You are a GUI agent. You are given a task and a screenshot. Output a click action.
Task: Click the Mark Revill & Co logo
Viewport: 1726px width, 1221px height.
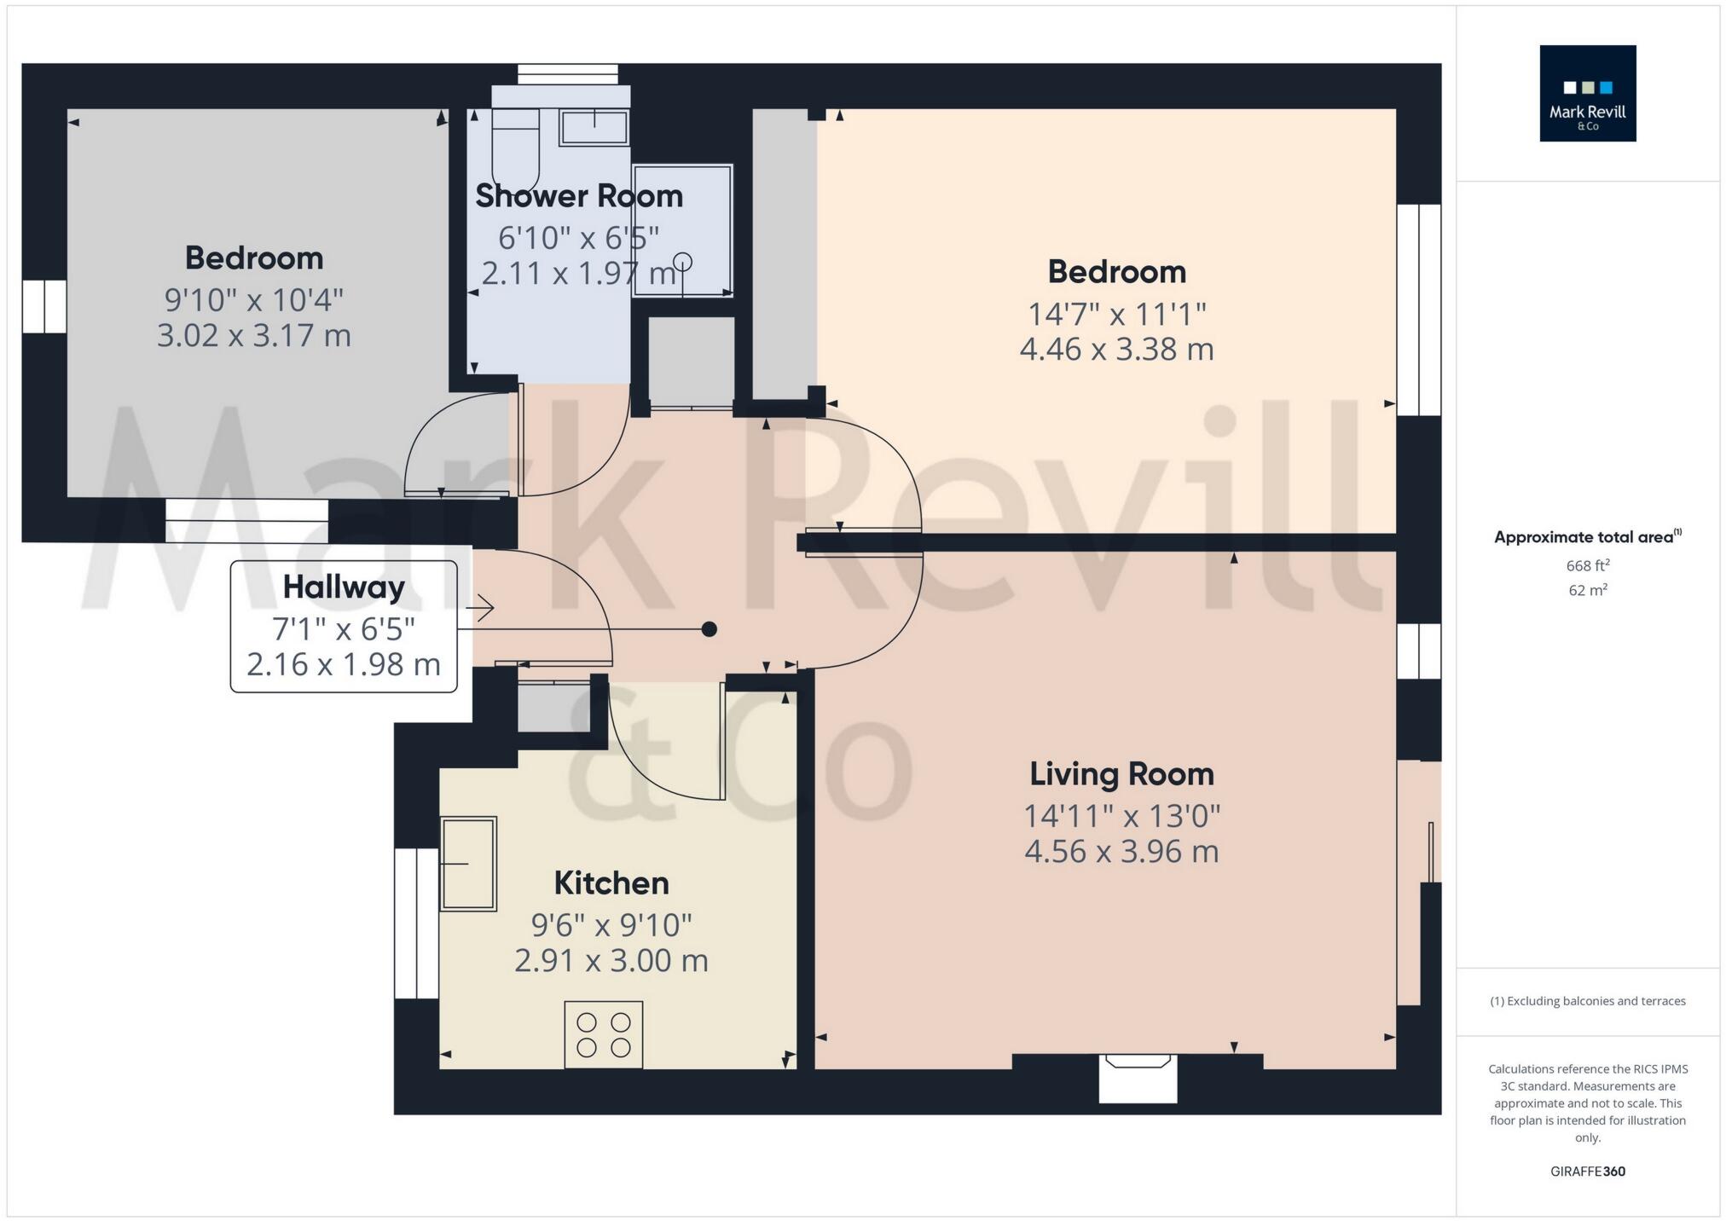coord(1587,93)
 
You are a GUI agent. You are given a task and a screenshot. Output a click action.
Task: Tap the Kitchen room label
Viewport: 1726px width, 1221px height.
coord(611,883)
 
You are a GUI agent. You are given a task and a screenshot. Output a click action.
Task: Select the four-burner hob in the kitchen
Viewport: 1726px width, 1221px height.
coord(603,1034)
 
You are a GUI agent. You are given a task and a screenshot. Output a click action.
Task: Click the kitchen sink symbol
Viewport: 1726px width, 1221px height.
coord(468,864)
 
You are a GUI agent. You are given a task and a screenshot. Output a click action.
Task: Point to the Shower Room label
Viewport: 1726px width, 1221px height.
coord(578,196)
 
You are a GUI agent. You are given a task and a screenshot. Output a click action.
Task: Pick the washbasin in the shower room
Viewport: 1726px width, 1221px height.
coord(594,128)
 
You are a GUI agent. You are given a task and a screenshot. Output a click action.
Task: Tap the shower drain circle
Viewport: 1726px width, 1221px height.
coord(682,261)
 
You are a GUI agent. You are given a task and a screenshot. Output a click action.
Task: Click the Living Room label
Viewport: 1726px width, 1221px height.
coord(1121,774)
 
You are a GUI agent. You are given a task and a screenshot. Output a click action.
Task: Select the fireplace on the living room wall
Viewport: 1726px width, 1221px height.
coord(1138,1076)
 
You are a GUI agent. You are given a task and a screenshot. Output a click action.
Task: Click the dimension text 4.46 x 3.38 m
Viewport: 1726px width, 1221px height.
coord(1116,350)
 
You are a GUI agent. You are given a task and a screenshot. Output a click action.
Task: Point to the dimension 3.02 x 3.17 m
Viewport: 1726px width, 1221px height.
coord(253,336)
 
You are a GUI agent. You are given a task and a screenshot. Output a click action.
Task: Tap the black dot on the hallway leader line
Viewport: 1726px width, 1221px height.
coord(709,629)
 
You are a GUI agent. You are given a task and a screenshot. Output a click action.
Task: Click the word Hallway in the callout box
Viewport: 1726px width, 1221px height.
coord(343,587)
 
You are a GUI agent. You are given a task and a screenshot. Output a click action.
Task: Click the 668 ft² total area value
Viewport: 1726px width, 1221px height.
coord(1587,565)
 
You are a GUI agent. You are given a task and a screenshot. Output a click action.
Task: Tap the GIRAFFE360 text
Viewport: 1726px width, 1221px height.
coord(1587,1172)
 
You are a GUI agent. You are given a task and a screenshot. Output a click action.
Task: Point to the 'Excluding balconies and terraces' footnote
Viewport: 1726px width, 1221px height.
coord(1587,1001)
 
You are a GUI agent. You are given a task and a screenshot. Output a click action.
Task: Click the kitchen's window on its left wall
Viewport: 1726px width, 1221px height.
coord(416,923)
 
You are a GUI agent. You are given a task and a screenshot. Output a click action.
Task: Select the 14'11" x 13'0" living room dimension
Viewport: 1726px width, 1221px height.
coord(1121,817)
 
